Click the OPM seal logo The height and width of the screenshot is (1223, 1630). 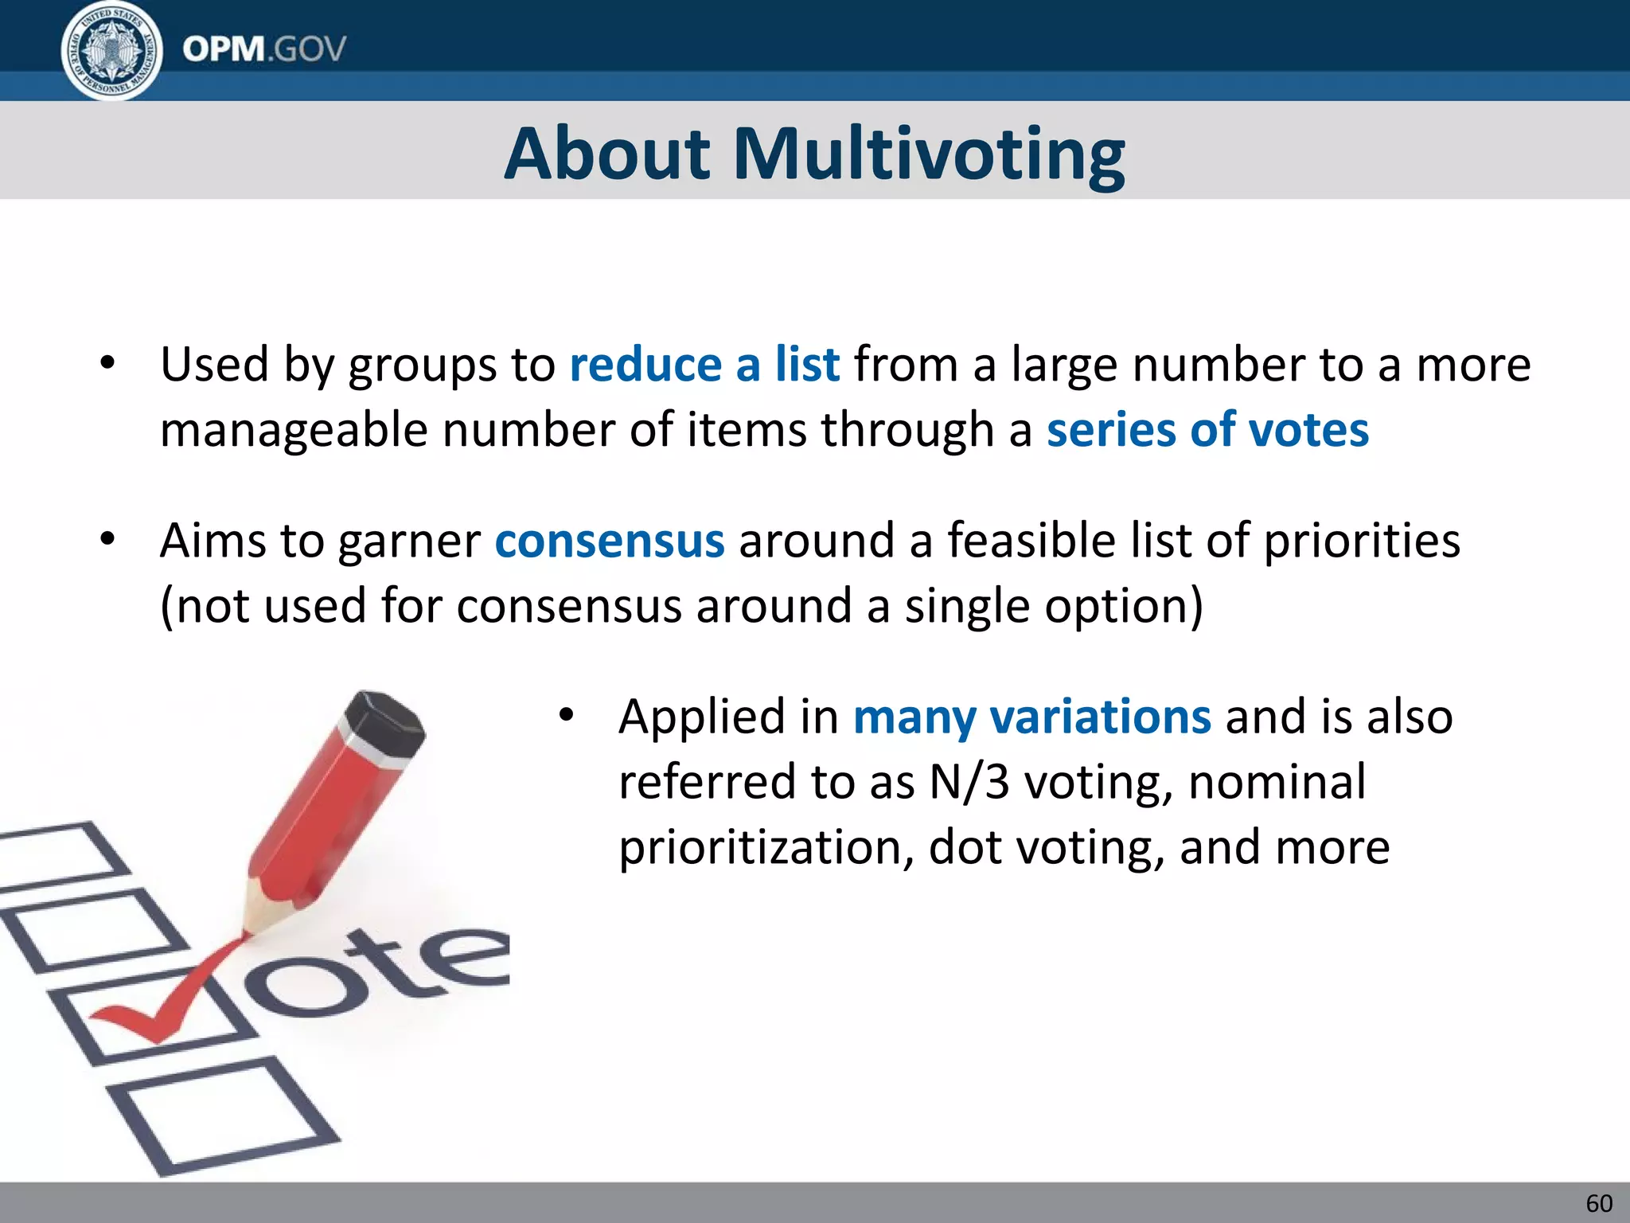pyautogui.click(x=111, y=51)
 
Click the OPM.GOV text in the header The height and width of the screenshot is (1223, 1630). pyautogui.click(x=264, y=49)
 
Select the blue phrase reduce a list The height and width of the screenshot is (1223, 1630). pyautogui.click(x=704, y=365)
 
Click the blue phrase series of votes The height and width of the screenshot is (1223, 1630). pyautogui.click(x=1207, y=431)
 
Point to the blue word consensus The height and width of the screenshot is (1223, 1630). pyautogui.click(x=610, y=541)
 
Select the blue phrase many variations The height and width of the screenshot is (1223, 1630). pyautogui.click(x=1032, y=717)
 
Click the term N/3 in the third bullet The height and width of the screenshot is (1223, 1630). pyautogui.click(x=969, y=782)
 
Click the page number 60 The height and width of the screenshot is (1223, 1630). pyautogui.click(x=1599, y=1203)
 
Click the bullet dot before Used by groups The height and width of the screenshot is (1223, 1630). pyautogui.click(x=108, y=364)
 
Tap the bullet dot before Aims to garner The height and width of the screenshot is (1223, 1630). pyautogui.click(x=108, y=540)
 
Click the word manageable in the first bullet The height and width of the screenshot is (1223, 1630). pyautogui.click(x=294, y=431)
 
